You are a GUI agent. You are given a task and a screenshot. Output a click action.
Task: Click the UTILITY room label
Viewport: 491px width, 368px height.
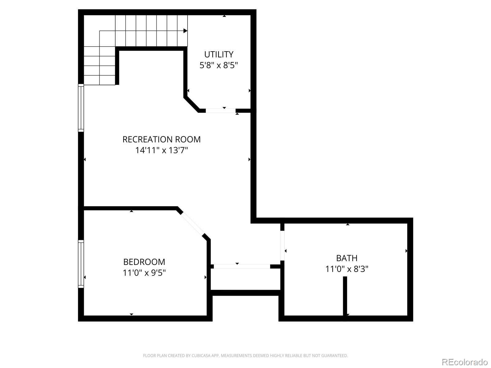219,54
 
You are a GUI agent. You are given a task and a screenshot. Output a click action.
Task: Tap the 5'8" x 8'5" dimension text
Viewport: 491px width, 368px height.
219,65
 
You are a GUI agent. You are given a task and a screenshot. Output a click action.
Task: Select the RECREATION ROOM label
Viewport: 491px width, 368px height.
161,139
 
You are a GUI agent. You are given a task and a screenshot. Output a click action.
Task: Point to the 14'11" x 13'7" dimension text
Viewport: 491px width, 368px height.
161,150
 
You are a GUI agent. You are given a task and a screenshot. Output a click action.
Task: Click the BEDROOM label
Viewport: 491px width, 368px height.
144,262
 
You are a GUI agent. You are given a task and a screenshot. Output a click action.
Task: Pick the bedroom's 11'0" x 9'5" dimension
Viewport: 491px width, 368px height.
144,273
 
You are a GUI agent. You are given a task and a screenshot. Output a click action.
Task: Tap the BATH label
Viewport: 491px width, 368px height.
347,258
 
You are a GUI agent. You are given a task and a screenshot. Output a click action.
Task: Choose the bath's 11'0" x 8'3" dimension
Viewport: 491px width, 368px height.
347,269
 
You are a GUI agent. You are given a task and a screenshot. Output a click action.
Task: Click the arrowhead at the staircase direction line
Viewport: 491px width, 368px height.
185,31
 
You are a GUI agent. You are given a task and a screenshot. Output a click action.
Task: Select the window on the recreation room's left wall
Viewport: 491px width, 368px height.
81,108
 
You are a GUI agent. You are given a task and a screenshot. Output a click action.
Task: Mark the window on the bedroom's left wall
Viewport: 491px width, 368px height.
81,264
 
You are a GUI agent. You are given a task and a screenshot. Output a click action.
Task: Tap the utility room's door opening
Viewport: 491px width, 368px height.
220,110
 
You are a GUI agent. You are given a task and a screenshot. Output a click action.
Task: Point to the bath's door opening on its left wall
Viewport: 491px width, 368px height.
282,245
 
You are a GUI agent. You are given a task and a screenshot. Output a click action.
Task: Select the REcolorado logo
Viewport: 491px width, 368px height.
465,362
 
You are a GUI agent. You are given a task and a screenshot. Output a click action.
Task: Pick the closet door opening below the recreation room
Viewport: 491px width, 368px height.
242,266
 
